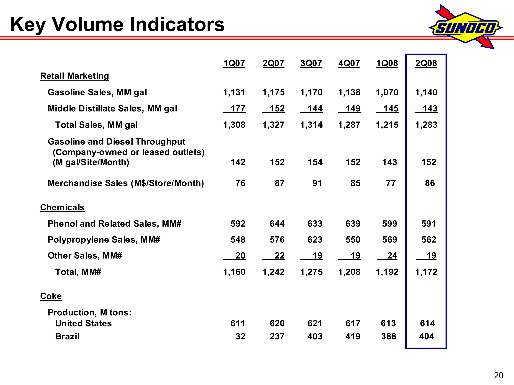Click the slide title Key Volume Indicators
point(117,24)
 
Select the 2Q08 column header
point(426,63)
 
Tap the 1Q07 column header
point(234,63)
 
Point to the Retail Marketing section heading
point(75,76)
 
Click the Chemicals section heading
point(62,207)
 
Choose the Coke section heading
point(51,296)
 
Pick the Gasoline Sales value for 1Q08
point(387,92)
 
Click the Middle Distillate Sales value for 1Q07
point(238,109)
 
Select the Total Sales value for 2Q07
point(273,125)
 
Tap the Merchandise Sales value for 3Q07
point(317,183)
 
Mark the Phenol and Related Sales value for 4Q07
point(353,224)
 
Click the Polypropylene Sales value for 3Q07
point(315,240)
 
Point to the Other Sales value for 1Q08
point(392,256)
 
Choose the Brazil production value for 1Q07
point(240,336)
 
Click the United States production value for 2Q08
point(427,323)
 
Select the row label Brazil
point(67,336)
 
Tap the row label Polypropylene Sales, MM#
point(104,240)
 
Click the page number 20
point(498,375)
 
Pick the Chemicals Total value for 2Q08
point(426,272)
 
